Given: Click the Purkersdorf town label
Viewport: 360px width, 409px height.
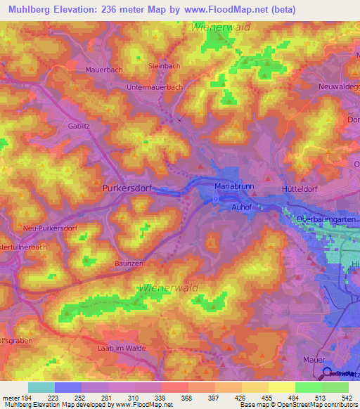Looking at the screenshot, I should [126, 188].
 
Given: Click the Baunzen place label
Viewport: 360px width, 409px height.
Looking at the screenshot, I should [108, 262].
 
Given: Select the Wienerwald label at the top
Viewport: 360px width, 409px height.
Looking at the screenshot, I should [219, 27].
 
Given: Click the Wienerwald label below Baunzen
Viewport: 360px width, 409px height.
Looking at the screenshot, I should [168, 287].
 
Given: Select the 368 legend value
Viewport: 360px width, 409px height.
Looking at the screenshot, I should [175, 397].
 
